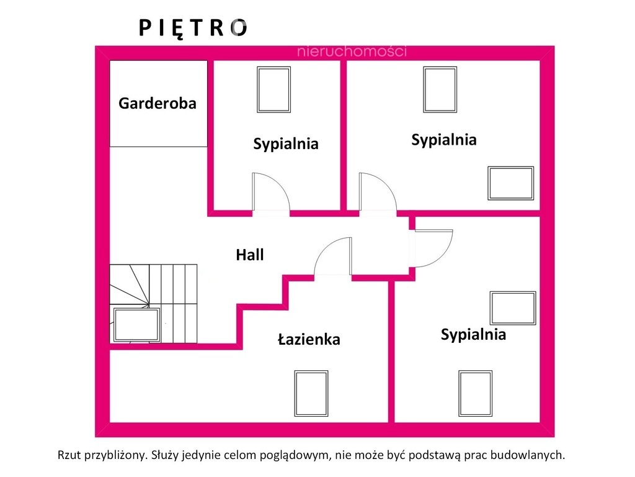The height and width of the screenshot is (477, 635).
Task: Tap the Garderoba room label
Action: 158,104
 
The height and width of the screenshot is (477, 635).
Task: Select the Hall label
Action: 250,255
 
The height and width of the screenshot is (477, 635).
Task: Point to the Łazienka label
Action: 309,339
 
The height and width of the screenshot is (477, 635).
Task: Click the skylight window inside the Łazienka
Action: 311,393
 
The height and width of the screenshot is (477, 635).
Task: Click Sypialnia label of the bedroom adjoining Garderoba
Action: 286,144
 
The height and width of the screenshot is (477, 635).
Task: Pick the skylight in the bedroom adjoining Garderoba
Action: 273,89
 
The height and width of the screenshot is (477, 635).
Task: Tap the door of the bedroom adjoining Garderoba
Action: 271,192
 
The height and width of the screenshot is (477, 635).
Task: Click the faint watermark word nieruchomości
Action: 352,51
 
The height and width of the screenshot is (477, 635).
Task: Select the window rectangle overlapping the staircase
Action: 136,325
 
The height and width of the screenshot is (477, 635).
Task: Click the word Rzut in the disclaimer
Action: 69,455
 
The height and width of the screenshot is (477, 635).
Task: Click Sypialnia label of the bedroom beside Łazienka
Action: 473,335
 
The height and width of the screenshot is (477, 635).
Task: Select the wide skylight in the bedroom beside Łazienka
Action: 513,308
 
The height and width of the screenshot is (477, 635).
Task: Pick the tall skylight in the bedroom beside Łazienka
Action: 476,393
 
